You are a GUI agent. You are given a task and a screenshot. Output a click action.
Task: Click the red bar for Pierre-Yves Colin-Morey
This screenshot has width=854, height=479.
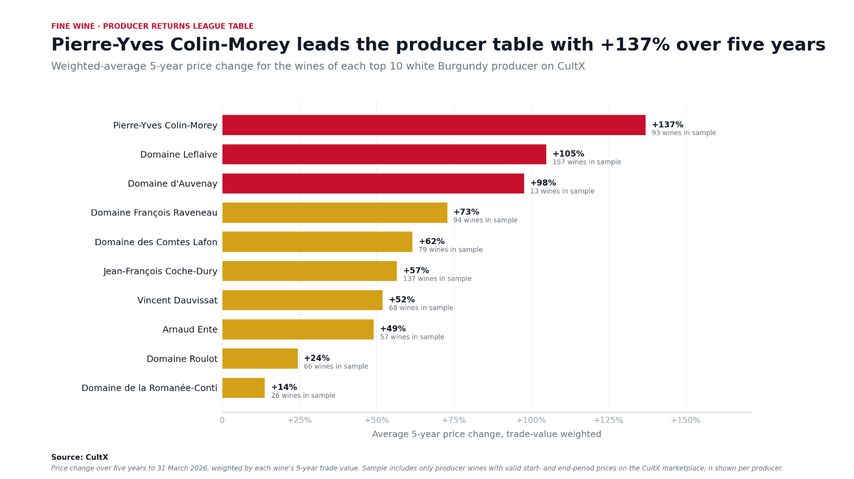[x=434, y=125]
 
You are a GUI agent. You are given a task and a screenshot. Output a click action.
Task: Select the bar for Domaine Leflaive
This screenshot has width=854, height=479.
[x=384, y=154]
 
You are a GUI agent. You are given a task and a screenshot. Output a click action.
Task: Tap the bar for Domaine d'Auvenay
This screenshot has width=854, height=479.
[x=373, y=184]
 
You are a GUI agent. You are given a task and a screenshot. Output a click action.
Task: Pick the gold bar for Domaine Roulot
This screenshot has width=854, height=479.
[x=260, y=359]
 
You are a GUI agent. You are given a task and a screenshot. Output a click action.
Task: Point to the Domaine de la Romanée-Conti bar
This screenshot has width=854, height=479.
[x=244, y=388]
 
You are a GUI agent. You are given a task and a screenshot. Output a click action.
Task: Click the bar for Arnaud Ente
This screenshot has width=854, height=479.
[x=298, y=329]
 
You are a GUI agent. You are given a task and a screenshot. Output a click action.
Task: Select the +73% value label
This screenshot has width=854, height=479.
[x=466, y=212]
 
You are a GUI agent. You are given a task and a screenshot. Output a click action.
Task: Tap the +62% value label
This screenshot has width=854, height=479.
[x=432, y=241]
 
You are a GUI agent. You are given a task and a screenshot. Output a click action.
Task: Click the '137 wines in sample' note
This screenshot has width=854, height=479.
[x=437, y=279]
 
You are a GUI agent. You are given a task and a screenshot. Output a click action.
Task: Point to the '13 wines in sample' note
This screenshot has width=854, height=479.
[x=562, y=191]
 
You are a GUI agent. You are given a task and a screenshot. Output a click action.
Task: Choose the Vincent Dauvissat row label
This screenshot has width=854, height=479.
[x=177, y=300]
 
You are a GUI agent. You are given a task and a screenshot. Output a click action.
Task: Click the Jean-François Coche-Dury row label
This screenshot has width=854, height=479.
[x=161, y=271]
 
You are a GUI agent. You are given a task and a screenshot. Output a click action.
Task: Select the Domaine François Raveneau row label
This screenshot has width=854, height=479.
[x=154, y=213]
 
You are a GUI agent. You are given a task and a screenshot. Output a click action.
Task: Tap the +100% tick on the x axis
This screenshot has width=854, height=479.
[x=531, y=420]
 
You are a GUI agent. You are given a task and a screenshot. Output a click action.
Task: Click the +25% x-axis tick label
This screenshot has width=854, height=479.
[x=299, y=420]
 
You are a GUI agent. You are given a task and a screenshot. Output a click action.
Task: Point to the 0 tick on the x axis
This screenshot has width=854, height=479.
[x=222, y=420]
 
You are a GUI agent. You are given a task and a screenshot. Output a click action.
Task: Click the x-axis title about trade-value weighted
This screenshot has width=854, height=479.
[x=487, y=434]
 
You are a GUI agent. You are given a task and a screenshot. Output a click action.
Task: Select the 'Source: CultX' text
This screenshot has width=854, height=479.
[x=79, y=457]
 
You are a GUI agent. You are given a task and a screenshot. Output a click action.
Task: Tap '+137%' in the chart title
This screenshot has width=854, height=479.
[x=635, y=45]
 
